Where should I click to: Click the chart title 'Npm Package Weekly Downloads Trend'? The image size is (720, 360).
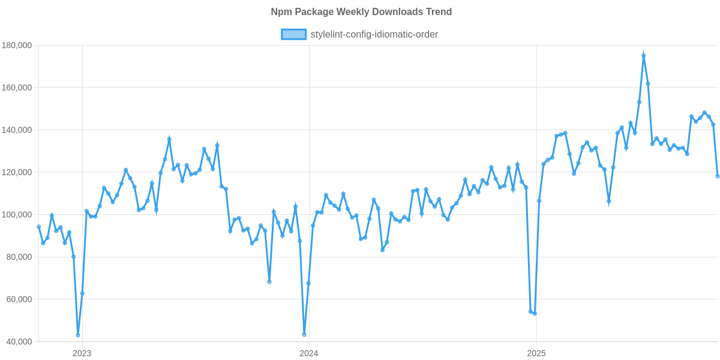(x=361, y=12)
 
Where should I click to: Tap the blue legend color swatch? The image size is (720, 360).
(x=293, y=35)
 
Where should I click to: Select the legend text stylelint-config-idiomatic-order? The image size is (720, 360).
(x=374, y=35)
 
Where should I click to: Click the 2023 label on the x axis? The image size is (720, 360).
(x=82, y=353)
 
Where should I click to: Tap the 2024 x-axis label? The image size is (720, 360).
(x=308, y=353)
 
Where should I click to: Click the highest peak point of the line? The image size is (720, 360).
(x=643, y=55)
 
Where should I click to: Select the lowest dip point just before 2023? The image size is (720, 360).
(x=78, y=335)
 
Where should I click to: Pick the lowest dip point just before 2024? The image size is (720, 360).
(x=304, y=334)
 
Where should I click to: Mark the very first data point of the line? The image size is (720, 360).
(x=38, y=227)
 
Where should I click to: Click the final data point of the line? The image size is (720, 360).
(x=718, y=176)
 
